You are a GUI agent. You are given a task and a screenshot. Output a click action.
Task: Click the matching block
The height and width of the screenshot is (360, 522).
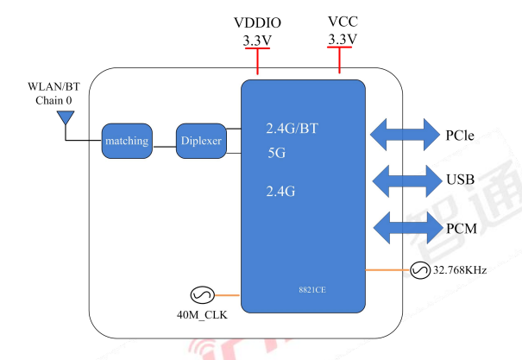click(x=127, y=141)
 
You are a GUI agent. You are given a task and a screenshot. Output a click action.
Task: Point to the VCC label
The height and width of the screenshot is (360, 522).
click(x=343, y=21)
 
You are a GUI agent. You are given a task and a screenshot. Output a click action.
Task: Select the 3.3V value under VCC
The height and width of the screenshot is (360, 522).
click(x=343, y=40)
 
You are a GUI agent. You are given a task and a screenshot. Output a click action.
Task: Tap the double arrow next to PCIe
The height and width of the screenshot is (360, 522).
click(x=405, y=135)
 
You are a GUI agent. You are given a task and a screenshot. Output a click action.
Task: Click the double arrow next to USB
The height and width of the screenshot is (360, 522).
click(x=405, y=180)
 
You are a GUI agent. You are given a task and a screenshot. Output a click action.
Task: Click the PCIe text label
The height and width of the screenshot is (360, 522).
click(x=460, y=136)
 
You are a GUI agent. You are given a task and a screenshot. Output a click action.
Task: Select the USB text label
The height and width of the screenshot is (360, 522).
click(x=460, y=181)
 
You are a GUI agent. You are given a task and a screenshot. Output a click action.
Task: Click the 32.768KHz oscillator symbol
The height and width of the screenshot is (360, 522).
click(x=421, y=270)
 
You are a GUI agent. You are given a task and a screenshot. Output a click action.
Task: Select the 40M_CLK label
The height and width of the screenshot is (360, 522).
click(x=202, y=314)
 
